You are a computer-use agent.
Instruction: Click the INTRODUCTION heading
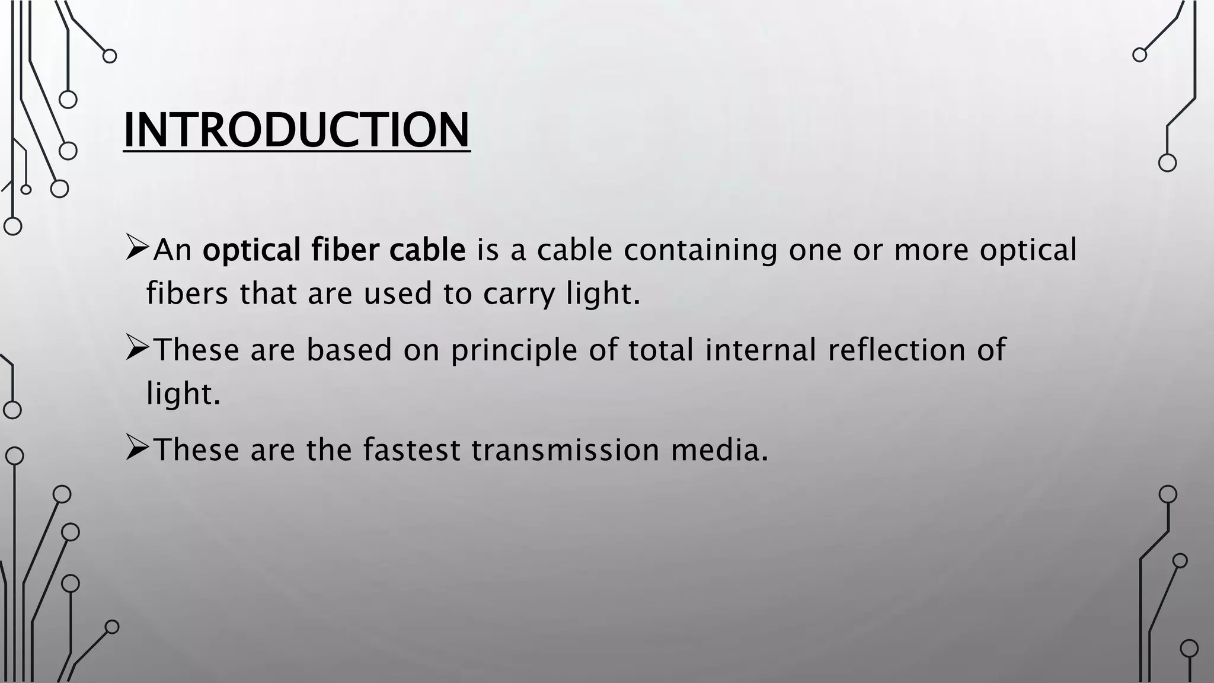click(x=296, y=130)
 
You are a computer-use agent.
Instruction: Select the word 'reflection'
click(x=897, y=349)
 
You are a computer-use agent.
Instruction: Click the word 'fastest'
click(x=411, y=449)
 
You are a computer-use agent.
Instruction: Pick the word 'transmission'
click(x=566, y=449)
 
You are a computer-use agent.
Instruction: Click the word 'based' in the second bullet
click(x=349, y=349)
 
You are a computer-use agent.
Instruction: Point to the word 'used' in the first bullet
click(x=398, y=293)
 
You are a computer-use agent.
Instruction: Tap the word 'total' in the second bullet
click(x=661, y=349)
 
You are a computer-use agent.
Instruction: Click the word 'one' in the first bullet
click(x=815, y=250)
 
